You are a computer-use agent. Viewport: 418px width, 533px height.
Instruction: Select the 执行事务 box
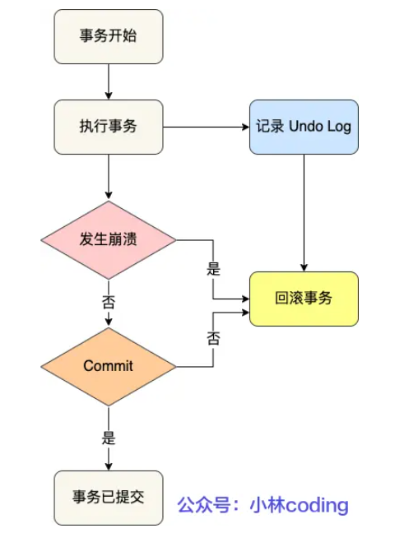coord(109,127)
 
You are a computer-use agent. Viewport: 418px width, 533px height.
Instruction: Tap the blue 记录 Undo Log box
coord(304,127)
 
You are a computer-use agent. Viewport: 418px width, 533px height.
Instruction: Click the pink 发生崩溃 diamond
coord(109,240)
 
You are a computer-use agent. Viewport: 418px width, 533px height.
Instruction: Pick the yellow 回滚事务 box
coord(304,299)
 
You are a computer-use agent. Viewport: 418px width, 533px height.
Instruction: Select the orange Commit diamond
coord(109,365)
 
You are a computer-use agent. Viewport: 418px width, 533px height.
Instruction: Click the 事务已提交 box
coord(109,497)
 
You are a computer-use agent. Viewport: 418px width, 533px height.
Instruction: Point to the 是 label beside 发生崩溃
coord(213,268)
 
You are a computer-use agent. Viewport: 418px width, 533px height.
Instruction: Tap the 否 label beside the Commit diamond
coord(213,337)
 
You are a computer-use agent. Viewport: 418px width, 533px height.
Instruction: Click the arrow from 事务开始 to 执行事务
coord(109,82)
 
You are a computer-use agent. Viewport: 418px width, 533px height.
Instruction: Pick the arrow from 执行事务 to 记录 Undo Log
coord(206,127)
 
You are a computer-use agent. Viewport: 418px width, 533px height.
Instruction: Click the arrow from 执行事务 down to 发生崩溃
coord(109,177)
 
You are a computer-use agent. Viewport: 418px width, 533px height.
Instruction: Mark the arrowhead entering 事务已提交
coord(109,465)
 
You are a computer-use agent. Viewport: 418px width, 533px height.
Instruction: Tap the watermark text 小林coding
coord(300,504)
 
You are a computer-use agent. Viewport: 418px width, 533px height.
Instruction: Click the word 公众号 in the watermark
coord(201,504)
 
